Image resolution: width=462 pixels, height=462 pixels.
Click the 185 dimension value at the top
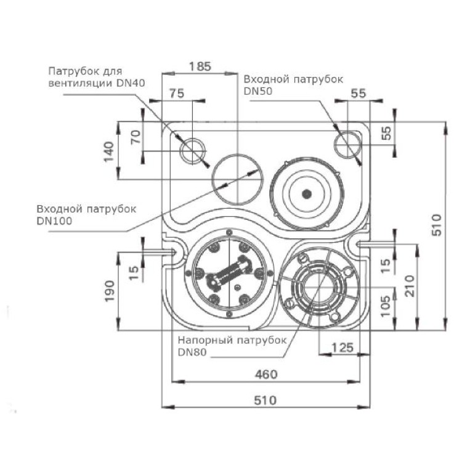(x=200, y=65)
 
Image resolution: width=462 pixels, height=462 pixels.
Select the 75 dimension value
(x=176, y=94)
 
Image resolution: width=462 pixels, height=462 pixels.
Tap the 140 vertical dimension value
(x=108, y=151)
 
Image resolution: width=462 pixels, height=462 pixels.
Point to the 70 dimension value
(x=136, y=136)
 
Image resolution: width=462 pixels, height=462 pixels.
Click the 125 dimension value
(x=343, y=348)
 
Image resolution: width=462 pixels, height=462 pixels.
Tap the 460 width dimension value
(x=265, y=374)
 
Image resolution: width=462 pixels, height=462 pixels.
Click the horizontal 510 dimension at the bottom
(x=265, y=399)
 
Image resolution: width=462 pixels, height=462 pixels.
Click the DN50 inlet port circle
(x=347, y=144)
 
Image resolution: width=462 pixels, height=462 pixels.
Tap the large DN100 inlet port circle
(x=237, y=179)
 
